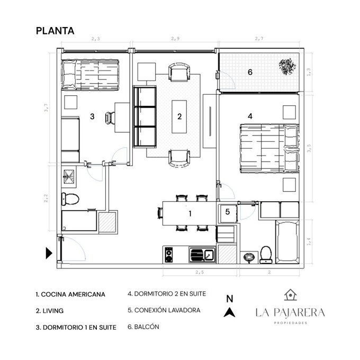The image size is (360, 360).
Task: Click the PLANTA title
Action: (55, 31)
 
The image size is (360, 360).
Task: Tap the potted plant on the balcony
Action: (287, 66)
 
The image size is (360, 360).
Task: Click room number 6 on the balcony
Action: (250, 72)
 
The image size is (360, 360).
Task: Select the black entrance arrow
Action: (49, 253)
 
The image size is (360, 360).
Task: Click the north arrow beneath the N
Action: (229, 313)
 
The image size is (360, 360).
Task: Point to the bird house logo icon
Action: (291, 295)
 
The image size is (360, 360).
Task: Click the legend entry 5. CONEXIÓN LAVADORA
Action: (164, 310)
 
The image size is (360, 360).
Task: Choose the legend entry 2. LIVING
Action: (50, 311)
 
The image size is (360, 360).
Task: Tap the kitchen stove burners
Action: (169, 255)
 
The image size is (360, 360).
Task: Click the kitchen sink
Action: (202, 255)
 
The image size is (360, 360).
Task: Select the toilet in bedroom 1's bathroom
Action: (70, 199)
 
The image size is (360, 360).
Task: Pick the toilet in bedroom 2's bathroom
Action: (266, 255)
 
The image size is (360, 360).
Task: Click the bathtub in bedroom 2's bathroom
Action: (287, 241)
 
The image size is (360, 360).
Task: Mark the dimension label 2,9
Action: (175, 39)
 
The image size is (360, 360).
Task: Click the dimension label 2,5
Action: (200, 272)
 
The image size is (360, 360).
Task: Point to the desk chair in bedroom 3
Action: (110, 118)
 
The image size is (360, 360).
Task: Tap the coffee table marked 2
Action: (179, 116)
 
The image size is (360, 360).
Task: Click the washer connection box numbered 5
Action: (228, 213)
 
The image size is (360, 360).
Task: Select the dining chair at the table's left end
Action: (160, 213)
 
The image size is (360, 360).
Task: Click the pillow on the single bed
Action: (69, 75)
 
